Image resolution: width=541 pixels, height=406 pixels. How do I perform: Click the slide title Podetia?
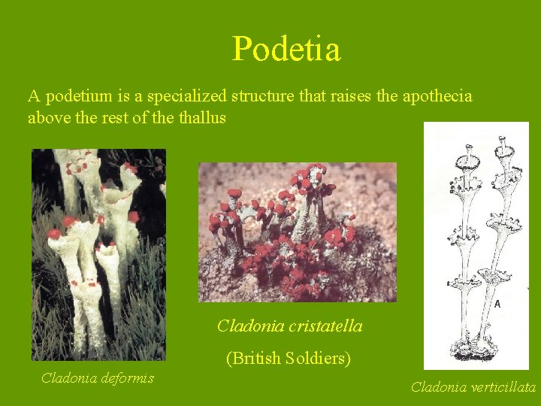tap(286, 50)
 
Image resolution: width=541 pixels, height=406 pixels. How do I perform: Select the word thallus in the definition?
tap(202, 118)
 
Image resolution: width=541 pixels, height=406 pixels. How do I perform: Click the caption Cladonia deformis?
tap(97, 377)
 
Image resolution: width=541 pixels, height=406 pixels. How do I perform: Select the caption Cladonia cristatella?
tap(289, 326)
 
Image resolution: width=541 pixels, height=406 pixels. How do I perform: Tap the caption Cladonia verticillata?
tap(473, 387)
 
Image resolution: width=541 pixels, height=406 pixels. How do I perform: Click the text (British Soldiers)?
tap(289, 358)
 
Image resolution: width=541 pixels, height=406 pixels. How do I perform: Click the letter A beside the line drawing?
tap(497, 304)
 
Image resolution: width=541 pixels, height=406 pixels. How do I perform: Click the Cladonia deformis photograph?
tap(98, 254)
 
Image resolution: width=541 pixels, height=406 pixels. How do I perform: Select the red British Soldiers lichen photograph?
tap(297, 232)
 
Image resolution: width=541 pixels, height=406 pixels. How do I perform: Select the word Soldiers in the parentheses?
tap(319, 358)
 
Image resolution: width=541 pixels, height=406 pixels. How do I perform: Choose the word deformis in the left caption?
tap(128, 377)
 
